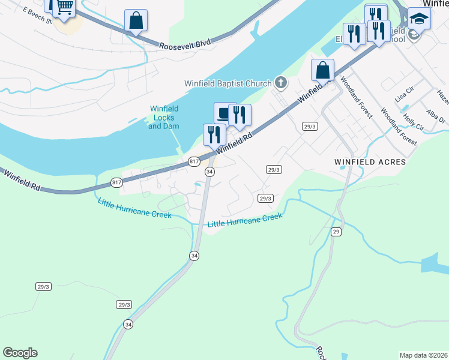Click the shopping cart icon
(x=65, y=8)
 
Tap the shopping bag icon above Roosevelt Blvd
(x=136, y=20)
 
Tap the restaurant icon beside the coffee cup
(x=240, y=115)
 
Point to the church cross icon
(x=280, y=82)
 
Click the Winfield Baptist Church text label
(x=228, y=83)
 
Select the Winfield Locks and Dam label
(x=163, y=117)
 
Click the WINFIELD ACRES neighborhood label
(x=370, y=162)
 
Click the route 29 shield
(x=336, y=232)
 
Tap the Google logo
(x=20, y=353)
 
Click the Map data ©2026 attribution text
(x=424, y=355)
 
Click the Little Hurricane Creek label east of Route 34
(x=244, y=220)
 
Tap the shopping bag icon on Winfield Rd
(x=322, y=70)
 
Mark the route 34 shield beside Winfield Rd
(x=209, y=172)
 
